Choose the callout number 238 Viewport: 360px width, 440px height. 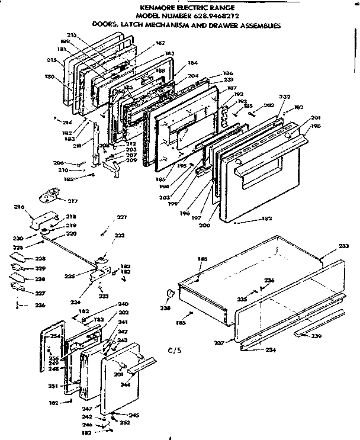point(163,308)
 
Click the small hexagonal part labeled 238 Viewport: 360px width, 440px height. point(170,294)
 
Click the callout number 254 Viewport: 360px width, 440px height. point(54,336)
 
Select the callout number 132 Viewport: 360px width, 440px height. point(266,220)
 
